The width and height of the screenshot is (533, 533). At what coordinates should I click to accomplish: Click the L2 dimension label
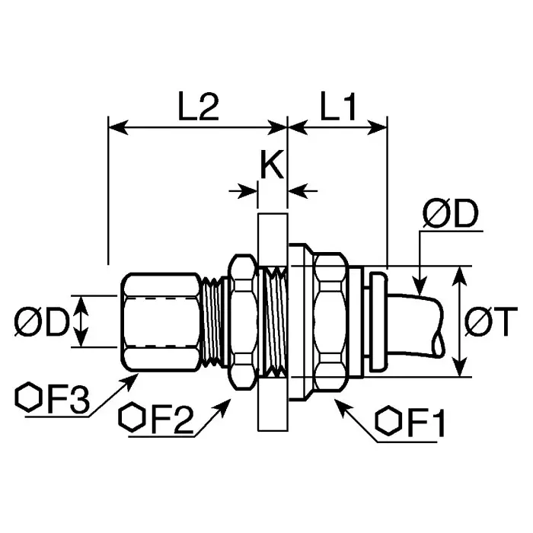pos(199,108)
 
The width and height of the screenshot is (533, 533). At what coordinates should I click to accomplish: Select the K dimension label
pos(272,164)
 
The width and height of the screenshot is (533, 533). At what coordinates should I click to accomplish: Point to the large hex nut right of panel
pos(329,321)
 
